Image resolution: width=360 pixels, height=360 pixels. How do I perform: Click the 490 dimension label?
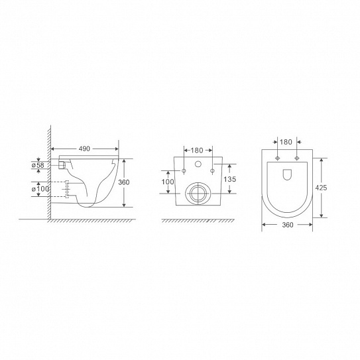point(84,149)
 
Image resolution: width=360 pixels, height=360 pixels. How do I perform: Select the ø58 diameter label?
point(38,165)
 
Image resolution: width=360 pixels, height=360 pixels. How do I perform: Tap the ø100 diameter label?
point(40,189)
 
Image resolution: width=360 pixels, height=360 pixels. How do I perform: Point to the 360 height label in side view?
point(124,182)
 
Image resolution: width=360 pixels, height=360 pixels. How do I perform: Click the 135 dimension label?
point(230,179)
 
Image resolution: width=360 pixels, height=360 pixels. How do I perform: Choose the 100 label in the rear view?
point(168,182)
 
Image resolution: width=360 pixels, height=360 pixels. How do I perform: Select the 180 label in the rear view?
point(197,150)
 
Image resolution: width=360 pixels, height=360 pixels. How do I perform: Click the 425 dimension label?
point(321,188)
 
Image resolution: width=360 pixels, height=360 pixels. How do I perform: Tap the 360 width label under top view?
point(288,225)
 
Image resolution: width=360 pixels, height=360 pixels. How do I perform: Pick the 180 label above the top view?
point(286,142)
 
